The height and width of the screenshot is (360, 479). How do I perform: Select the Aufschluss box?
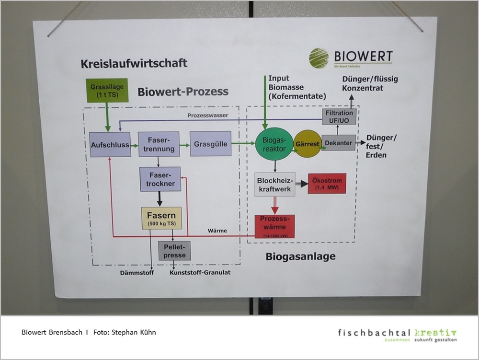pyautogui.click(x=110, y=145)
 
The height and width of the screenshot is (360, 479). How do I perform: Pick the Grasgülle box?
pyautogui.click(x=210, y=143)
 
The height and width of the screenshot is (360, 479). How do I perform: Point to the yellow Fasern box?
pyautogui.click(x=161, y=218)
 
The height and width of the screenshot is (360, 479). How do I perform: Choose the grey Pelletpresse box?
pyautogui.click(x=174, y=250)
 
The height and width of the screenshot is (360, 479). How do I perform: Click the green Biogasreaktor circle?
pyautogui.click(x=274, y=144)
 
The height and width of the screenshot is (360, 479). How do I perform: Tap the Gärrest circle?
pyautogui.click(x=307, y=144)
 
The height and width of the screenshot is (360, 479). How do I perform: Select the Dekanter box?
pyautogui.click(x=339, y=142)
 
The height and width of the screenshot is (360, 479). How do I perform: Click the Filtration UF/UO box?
pyautogui.click(x=339, y=116)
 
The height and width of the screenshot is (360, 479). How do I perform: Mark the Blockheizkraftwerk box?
pyautogui.click(x=274, y=184)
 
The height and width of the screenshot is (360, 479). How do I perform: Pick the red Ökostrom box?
pyautogui.click(x=326, y=184)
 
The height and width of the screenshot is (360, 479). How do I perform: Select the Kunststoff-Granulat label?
pyautogui.click(x=200, y=273)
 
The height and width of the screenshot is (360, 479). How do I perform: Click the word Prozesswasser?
pyautogui.click(x=207, y=116)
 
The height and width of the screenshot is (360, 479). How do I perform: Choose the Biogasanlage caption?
pyautogui.click(x=300, y=257)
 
